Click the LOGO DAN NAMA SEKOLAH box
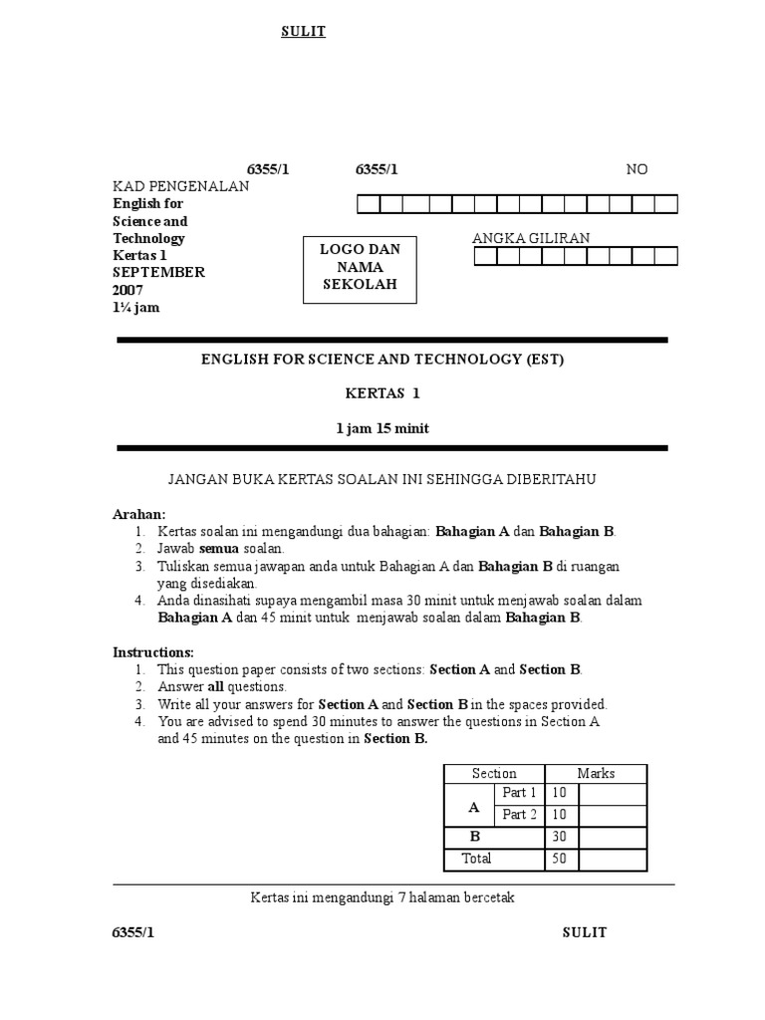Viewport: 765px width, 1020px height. coord(360,267)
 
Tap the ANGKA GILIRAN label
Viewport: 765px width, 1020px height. coord(531,237)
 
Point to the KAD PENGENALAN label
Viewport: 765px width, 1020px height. coord(180,186)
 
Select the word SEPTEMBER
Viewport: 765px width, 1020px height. coord(158,272)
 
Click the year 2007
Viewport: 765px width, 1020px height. coord(127,290)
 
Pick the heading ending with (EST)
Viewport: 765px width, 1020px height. coord(382,360)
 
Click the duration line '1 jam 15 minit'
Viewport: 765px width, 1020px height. coord(382,428)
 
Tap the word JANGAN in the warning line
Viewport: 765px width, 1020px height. coord(198,480)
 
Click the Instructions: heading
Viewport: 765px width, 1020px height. coord(153,651)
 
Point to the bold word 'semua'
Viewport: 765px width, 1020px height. coord(219,549)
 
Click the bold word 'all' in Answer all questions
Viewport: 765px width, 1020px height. coord(215,686)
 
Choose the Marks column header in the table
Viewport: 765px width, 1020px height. coord(596,774)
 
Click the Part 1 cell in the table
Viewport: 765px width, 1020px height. coord(519,794)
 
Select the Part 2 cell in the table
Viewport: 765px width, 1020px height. coord(519,815)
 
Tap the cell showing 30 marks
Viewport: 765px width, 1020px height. coord(559,837)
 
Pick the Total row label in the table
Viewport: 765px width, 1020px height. coord(476,859)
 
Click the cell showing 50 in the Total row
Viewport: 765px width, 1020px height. coord(559,859)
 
